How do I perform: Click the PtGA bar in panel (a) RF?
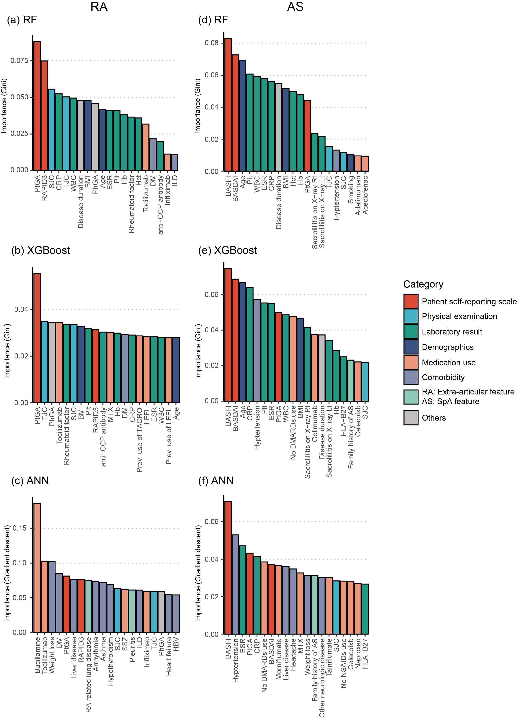[37, 106]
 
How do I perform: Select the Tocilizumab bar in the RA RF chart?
[146, 147]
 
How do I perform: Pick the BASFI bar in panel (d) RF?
[228, 105]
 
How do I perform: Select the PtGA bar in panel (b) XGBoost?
[37, 338]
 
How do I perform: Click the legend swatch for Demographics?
[411, 347]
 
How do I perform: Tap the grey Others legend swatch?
[411, 418]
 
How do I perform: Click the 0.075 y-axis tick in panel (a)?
[19, 60]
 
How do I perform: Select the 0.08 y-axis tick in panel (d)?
[211, 43]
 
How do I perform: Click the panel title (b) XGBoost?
[40, 250]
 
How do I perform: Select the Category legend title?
[423, 284]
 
